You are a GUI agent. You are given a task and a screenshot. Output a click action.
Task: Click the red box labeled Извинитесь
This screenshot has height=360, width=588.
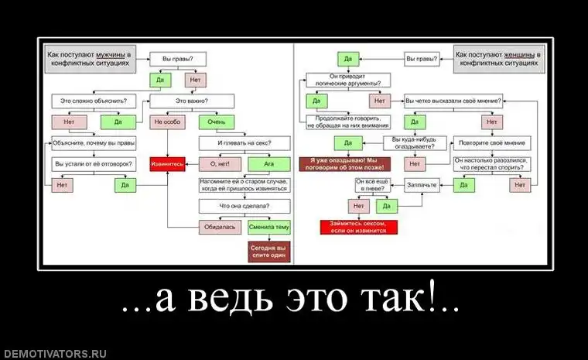(x=167, y=164)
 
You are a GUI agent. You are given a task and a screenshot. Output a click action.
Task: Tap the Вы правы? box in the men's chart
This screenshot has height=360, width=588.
(x=177, y=59)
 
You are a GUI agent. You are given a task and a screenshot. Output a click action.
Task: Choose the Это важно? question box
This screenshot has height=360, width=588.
(x=192, y=101)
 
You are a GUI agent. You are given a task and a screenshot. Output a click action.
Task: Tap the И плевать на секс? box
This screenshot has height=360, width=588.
(x=244, y=143)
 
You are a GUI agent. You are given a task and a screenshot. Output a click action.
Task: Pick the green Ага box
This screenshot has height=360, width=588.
(x=269, y=164)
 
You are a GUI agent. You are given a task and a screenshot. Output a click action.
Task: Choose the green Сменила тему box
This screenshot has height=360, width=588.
(x=269, y=228)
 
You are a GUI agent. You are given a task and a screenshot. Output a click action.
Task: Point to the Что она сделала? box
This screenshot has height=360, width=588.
(x=244, y=206)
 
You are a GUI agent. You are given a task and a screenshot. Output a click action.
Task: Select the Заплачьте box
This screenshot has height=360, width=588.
(x=419, y=185)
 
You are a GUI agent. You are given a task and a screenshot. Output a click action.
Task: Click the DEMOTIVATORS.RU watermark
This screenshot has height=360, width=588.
(x=53, y=353)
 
